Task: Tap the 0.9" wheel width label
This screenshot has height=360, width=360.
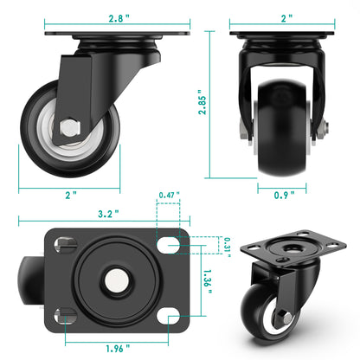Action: [x=282, y=195]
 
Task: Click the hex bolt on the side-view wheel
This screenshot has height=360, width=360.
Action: [x=67, y=132]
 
